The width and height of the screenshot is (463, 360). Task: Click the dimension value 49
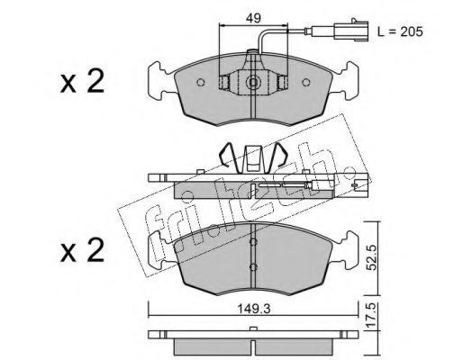click(253, 18)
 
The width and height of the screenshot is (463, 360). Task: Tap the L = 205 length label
click(400, 31)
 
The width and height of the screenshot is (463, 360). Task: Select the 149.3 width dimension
click(254, 309)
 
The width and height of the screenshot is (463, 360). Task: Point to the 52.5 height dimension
click(372, 257)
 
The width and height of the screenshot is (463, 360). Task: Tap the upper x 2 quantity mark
click(82, 81)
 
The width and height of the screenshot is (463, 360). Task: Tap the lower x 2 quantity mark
click(82, 250)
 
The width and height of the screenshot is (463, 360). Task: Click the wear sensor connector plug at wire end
click(354, 30)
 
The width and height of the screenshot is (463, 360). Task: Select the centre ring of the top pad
click(253, 82)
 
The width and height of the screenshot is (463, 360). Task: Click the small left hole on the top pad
click(200, 82)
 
